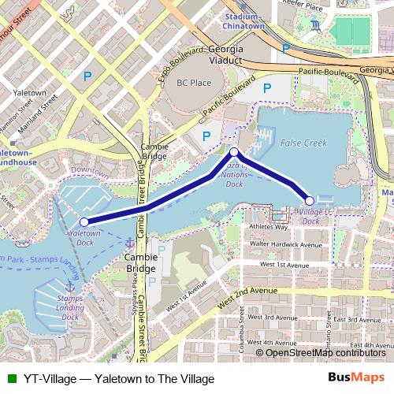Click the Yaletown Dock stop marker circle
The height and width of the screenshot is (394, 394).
[x=84, y=221]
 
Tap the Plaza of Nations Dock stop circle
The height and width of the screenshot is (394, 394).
[x=234, y=151]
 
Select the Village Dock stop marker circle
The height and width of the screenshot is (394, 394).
[x=310, y=201]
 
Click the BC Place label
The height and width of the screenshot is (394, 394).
[x=194, y=82]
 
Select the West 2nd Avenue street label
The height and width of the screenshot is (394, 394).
[x=248, y=295]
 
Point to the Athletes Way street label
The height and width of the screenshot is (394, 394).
[x=266, y=227]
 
